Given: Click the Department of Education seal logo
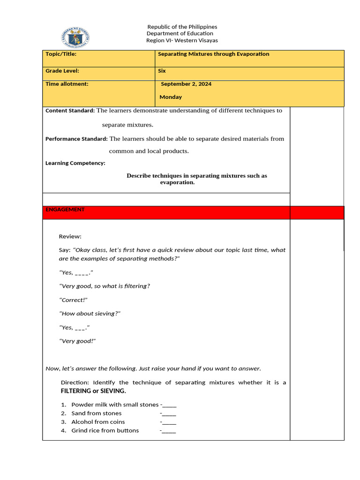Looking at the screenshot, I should tap(75, 37).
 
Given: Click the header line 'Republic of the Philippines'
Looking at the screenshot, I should tap(182, 27).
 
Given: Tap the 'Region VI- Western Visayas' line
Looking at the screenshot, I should tap(182, 40).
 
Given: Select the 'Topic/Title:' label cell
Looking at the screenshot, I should tap(61, 54).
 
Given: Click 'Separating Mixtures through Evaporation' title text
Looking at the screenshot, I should tap(213, 54).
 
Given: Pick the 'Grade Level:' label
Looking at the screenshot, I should tap(62, 71).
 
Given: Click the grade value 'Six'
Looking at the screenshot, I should tap(162, 71).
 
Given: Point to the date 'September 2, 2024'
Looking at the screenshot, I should tap(186, 84).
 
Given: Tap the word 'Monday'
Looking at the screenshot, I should tap(171, 97).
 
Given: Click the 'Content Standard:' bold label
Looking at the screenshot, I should tap(70, 111).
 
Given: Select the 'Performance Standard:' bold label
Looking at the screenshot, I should tap(76, 139).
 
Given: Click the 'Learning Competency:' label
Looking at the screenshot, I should tap(75, 163).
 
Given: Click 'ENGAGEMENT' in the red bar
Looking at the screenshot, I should tap(65, 210).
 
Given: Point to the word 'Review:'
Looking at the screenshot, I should tap(70, 236).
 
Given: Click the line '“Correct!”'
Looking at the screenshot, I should tap(73, 300).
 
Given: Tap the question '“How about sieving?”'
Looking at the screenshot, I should tap(90, 314).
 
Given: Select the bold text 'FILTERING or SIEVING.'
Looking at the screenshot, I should tap(93, 391).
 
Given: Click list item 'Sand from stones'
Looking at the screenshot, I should tap(96, 413).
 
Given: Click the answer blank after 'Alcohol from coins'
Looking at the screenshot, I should tap(168, 422).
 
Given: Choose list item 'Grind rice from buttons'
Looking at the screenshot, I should tap(105, 430).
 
